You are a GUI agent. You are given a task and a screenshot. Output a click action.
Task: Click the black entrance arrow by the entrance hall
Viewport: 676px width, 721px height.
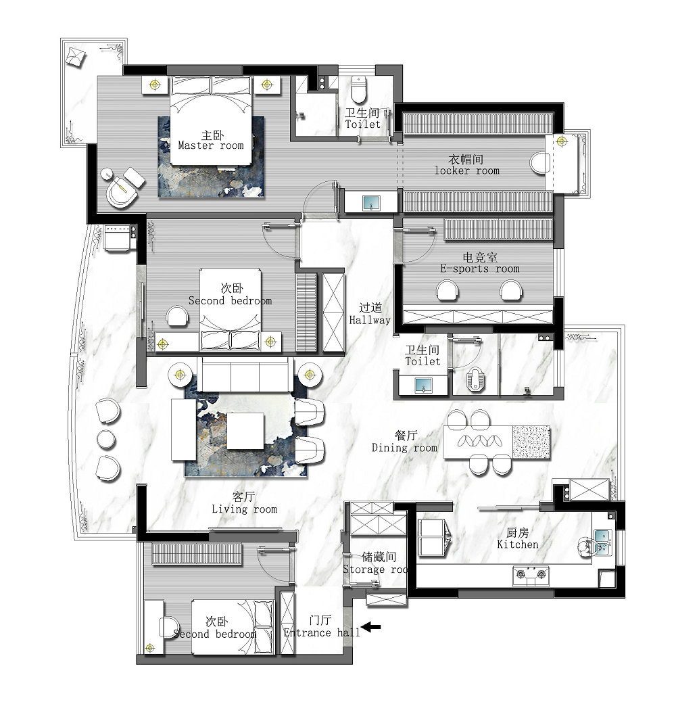click(x=370, y=626)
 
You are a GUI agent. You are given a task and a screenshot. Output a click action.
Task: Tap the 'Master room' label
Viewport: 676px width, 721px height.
click(x=211, y=146)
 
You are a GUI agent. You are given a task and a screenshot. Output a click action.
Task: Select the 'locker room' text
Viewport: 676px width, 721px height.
click(x=467, y=170)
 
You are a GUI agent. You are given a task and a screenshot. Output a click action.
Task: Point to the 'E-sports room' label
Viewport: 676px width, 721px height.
click(x=480, y=269)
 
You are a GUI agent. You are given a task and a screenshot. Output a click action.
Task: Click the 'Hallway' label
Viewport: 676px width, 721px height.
click(x=370, y=320)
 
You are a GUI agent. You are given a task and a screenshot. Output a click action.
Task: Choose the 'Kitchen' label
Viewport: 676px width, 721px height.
click(x=517, y=544)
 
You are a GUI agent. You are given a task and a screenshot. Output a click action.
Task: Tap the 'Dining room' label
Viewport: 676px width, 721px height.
click(x=404, y=448)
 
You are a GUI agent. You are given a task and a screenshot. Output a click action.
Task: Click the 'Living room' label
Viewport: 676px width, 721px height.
click(x=245, y=509)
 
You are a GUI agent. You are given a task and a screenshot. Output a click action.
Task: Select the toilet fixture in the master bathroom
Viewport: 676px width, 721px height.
click(x=358, y=89)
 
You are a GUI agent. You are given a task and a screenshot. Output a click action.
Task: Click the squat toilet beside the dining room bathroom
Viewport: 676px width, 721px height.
click(x=475, y=380)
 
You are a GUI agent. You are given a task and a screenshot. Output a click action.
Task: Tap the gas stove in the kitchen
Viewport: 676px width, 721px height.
click(x=531, y=575)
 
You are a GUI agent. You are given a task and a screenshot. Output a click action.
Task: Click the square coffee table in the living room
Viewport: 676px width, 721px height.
click(x=245, y=431)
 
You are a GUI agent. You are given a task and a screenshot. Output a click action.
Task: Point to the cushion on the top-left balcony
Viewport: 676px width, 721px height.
click(x=75, y=57)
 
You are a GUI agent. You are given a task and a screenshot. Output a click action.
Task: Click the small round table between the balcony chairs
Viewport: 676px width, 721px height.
click(x=107, y=440)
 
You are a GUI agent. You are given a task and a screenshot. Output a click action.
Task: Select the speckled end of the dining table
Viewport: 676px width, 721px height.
click(x=531, y=442)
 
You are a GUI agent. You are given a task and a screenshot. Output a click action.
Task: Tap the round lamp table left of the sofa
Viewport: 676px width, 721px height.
click(x=180, y=375)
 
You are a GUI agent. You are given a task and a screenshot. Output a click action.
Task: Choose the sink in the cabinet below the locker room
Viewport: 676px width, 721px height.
click(x=371, y=203)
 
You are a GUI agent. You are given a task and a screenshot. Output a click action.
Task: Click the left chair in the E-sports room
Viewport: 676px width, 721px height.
click(x=448, y=291)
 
